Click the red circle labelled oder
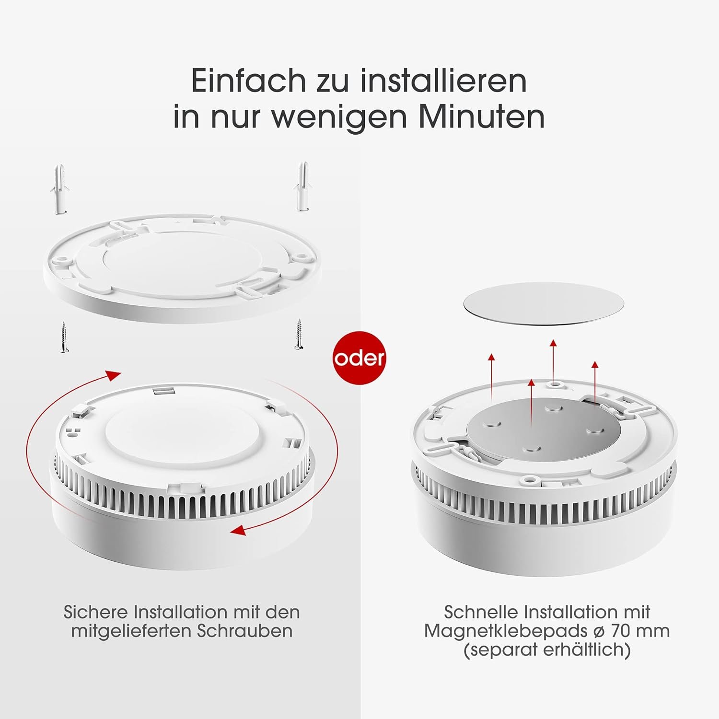tap(359, 358)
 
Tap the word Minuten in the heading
tap(482, 116)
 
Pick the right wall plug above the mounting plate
tap(303, 186)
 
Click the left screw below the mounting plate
tap(63, 338)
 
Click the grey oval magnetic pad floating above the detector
tap(545, 306)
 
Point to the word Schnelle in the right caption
tap(481, 612)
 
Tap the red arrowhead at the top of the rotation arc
tap(114, 375)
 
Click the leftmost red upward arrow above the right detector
tap(491, 358)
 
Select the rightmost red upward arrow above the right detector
tap(595, 365)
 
